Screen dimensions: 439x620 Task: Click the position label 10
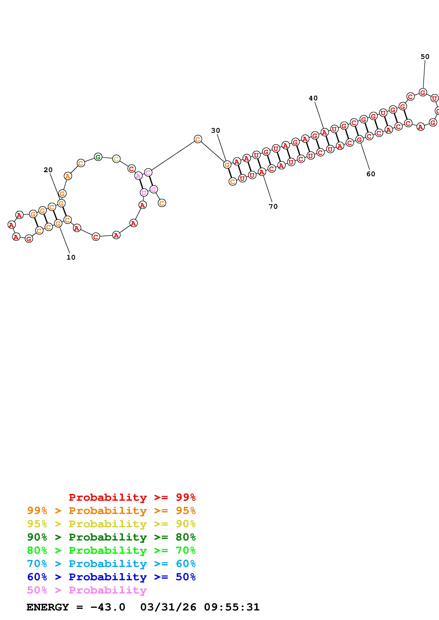point(71,257)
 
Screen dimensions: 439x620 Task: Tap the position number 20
point(48,170)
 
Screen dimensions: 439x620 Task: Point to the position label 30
point(216,130)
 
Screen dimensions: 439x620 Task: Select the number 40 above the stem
point(313,98)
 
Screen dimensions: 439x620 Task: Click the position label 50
point(425,56)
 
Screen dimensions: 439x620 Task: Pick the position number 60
point(371,174)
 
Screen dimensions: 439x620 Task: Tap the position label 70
point(273,206)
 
